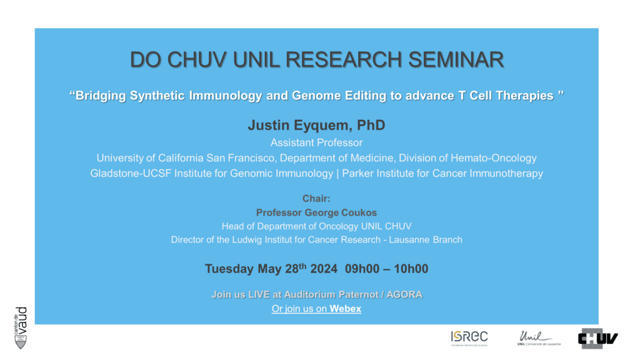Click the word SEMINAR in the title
[456, 59]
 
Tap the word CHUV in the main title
[197, 59]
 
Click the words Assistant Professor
[316, 143]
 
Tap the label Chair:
[316, 199]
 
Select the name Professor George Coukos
[316, 212]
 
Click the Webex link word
[345, 309]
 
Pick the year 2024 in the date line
[324, 269]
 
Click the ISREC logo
[469, 338]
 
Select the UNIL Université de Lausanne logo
[539, 338]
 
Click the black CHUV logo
[598, 339]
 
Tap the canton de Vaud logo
[21, 327]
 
